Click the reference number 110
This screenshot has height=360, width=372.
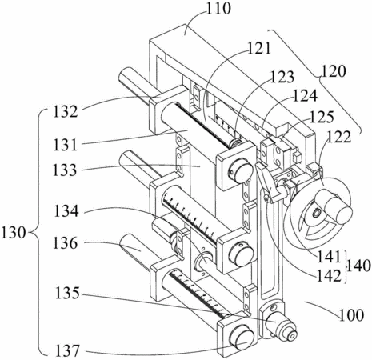(219, 9)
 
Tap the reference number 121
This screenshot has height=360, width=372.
(259, 49)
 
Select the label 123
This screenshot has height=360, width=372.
(282, 77)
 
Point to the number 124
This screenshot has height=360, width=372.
(306, 96)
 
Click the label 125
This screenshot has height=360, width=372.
(322, 117)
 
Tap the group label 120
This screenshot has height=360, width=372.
(334, 71)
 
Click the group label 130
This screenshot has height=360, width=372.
(14, 233)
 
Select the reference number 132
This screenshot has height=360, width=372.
(66, 112)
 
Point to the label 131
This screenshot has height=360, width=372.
(65, 145)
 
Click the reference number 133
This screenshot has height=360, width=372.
(65, 170)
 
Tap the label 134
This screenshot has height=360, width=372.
(66, 211)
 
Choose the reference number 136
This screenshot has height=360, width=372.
(65, 243)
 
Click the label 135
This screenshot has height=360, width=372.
(67, 293)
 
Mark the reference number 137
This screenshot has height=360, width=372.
(67, 350)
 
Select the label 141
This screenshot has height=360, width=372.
(329, 257)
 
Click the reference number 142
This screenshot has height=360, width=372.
(329, 275)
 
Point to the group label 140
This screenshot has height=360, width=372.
(358, 266)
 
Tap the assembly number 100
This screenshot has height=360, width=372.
(352, 315)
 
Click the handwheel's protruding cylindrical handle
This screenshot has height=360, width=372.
(335, 206)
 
